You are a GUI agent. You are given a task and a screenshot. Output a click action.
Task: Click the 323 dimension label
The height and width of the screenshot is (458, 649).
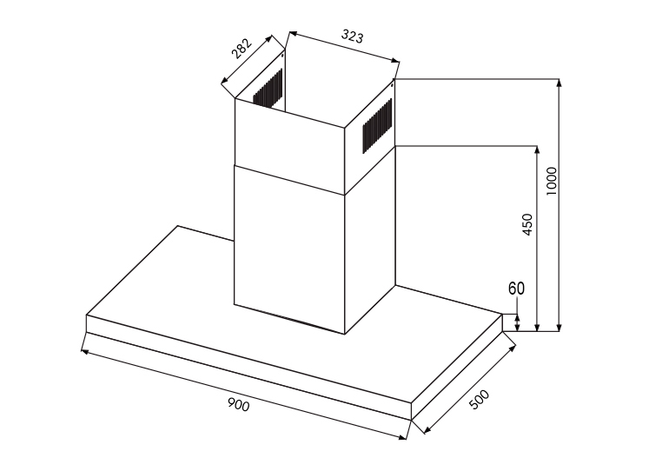352,36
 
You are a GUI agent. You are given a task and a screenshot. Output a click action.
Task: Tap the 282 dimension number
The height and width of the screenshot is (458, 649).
242,49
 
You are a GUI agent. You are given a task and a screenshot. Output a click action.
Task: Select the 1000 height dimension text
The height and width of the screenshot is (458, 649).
552,182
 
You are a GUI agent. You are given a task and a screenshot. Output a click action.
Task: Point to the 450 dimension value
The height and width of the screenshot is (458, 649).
527,224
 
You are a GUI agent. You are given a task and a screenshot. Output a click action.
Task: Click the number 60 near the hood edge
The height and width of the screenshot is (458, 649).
516,289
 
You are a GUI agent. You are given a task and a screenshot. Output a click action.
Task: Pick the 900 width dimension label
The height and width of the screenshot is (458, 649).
239,405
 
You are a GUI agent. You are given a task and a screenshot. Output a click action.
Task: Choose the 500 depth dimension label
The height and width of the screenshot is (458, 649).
480,400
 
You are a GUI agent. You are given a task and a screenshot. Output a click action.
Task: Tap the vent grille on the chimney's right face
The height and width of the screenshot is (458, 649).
377,126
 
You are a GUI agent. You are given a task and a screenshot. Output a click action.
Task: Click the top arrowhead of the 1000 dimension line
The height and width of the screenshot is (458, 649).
560,82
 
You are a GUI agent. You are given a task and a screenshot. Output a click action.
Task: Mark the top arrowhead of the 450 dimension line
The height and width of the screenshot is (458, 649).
537,149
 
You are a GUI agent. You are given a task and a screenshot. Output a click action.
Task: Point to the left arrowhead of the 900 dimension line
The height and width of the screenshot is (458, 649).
85,352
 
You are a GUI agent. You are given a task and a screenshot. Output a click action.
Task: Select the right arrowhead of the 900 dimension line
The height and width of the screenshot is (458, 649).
403,436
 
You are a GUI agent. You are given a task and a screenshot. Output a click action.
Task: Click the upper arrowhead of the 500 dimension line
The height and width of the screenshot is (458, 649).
512,348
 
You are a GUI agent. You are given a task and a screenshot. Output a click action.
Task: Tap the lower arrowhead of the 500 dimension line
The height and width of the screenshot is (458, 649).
427,429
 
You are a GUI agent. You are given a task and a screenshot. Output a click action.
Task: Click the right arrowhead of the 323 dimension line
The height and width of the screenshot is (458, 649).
395,61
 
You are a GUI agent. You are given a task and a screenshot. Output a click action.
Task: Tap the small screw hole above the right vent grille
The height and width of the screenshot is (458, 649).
392,86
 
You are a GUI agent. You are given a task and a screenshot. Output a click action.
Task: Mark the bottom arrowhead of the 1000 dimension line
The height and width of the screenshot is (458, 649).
560,328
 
